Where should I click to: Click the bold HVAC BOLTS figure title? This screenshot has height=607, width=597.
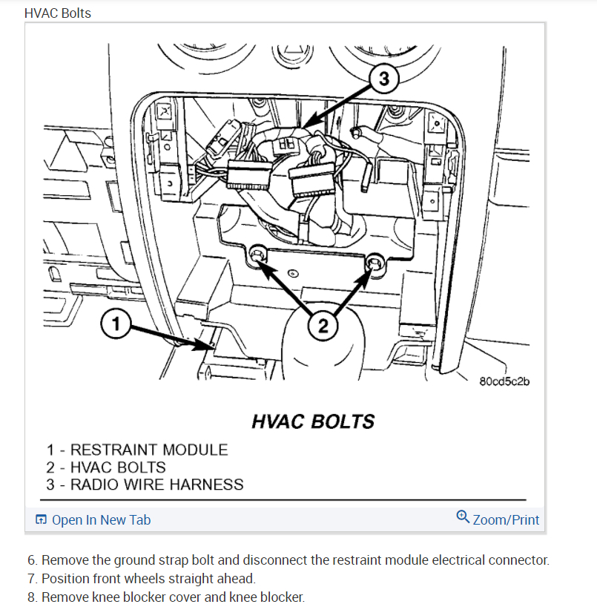pos(312,422)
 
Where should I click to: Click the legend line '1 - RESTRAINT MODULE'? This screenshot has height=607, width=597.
pos(137,450)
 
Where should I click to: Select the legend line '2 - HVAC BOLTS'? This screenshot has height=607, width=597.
pos(106,467)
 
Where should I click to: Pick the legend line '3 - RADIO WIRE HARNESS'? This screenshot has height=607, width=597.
pos(145,485)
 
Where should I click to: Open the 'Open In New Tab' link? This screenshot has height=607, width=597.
pos(101,519)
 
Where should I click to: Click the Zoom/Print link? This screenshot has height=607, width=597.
pos(506,519)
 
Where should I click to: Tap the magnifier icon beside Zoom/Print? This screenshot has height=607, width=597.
pos(463,517)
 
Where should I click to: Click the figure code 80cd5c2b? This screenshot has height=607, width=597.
pos(506,382)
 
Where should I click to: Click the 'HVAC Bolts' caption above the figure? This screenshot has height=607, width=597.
pos(58,13)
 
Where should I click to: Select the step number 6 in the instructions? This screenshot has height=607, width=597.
pos(31,560)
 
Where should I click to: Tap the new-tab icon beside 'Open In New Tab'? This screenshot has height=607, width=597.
pos(42,520)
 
